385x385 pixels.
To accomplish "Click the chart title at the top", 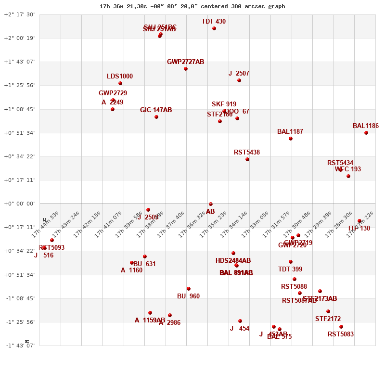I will pos(192,6).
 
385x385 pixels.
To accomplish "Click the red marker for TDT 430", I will pos(214,28).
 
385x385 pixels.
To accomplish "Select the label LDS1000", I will pos(120,76).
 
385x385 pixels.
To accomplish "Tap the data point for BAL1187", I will pos(291,139).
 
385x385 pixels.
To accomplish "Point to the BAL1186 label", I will pos(365,126).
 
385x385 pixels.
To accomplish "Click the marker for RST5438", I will pos(247,159).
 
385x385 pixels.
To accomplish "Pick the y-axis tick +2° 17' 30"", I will pos(20,14).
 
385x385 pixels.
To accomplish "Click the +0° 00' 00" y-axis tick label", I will pos(20,204).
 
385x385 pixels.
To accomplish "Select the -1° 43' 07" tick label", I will pos(21,346).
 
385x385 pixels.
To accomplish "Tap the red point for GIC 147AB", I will pos(156,117).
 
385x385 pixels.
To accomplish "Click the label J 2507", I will pos(239,73).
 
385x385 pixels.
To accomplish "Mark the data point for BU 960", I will pos(189,289).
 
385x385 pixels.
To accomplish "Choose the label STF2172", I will pos(328,319).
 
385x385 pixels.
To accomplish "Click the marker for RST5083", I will pos(341,327).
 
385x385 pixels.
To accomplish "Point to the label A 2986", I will pos(170,322).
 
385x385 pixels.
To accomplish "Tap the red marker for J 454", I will pos(240,321).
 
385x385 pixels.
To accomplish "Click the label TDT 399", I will pos(290,269).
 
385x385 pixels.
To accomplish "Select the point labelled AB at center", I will pos(211,204).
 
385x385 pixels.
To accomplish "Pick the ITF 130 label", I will pos(359,228).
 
